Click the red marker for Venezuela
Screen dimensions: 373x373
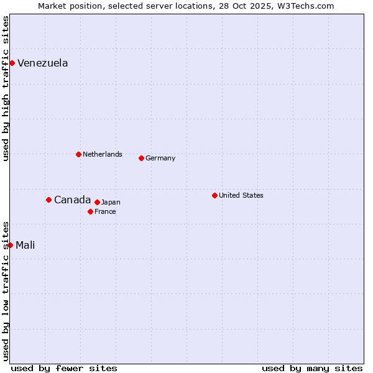[12, 63]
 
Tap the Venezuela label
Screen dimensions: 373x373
[42, 63]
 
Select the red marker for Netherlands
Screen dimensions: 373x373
[78, 154]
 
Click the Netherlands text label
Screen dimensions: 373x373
[102, 154]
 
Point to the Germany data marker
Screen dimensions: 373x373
[141, 158]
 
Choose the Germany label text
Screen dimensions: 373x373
[160, 158]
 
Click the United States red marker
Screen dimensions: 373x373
[214, 195]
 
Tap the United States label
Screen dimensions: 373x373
[241, 195]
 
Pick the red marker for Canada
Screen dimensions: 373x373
[48, 200]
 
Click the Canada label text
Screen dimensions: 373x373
[72, 200]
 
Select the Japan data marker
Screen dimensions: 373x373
[97, 202]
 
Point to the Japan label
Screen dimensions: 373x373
[111, 202]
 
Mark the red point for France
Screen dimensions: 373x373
[90, 211]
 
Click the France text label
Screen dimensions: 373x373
[105, 211]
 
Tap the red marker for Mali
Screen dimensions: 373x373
[10, 245]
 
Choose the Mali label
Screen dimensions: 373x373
[25, 245]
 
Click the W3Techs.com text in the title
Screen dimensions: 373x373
[305, 6]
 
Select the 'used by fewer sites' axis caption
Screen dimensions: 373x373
[64, 368]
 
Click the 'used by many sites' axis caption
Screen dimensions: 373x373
[312, 368]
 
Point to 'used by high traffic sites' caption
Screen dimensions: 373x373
[6, 88]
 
